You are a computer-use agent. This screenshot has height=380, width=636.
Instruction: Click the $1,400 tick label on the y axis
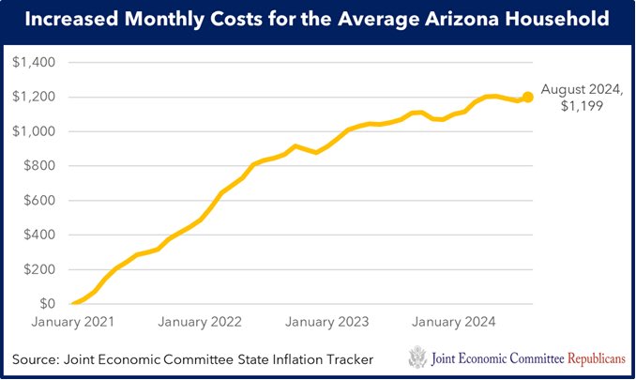click(x=34, y=62)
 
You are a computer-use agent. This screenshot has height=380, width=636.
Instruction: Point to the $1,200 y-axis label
click(x=34, y=97)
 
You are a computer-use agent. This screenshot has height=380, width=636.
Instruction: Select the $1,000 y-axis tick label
click(x=34, y=131)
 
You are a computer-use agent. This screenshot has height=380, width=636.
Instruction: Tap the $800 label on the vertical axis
click(x=38, y=166)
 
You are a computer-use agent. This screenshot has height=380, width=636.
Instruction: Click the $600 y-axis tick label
click(x=38, y=201)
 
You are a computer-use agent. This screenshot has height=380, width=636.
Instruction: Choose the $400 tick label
click(x=38, y=236)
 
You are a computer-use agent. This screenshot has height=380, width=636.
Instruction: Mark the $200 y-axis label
click(x=38, y=269)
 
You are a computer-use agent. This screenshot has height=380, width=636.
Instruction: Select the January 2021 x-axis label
click(x=72, y=322)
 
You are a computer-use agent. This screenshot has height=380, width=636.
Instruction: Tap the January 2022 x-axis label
click(x=200, y=322)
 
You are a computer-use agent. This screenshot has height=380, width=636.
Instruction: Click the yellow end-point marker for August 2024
click(x=528, y=97)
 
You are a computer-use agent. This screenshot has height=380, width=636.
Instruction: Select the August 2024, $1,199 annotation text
click(x=583, y=97)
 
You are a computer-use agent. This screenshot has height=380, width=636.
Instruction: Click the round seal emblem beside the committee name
click(x=417, y=357)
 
